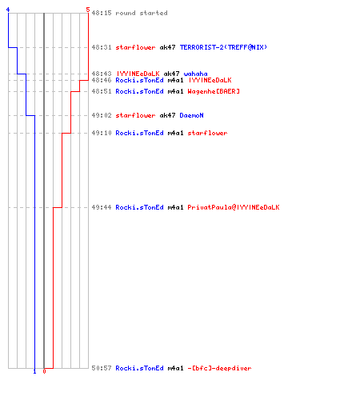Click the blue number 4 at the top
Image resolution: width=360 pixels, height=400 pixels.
pos(8,10)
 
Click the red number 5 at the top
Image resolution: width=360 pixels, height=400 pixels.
pos(88,10)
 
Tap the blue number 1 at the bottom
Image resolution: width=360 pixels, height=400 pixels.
pos(34,371)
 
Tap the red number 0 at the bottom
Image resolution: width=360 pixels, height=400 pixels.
pos(44,371)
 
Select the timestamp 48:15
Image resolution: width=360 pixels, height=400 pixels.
pos(102,13)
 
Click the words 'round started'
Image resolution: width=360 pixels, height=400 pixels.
pos(142,13)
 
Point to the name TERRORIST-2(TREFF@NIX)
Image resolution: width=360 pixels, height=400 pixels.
pos(223,47)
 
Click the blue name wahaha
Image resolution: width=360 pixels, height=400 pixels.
pos(195,74)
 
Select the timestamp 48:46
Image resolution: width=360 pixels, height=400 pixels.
pos(102,80)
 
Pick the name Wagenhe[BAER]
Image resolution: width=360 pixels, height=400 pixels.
pos(214,91)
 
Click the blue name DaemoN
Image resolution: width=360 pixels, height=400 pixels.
pos(191,115)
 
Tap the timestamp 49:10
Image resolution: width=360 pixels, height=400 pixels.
pos(102,133)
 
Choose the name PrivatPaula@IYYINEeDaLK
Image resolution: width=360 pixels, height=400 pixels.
pos(234,207)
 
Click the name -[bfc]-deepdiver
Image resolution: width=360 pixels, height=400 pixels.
pos(219,368)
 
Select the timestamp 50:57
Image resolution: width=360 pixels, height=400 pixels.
pos(102,368)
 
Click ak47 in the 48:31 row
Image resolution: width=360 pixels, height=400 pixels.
pos(167,47)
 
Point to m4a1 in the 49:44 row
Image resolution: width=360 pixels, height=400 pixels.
pos(175,207)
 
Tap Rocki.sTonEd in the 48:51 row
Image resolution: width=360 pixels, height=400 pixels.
pos(139,91)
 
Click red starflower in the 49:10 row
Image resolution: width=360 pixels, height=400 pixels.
pos(207,133)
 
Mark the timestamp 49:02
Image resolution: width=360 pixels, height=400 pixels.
pos(102,115)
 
